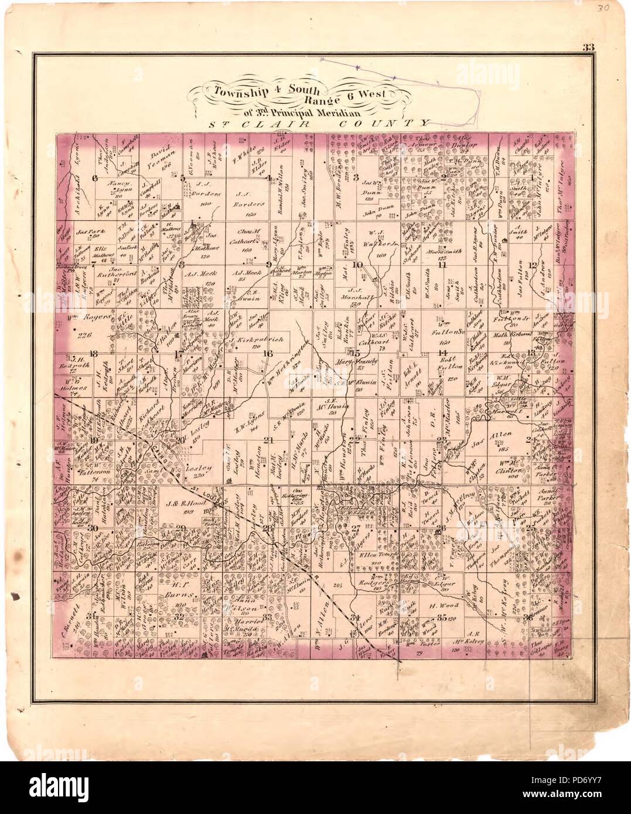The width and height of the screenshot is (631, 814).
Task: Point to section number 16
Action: click(268, 353)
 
